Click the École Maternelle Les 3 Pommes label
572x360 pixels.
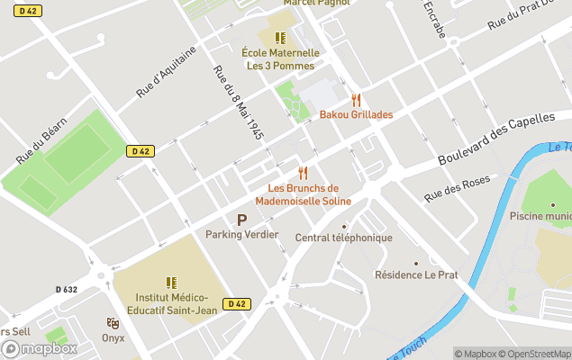click(280, 59)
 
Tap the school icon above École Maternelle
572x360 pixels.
click(280, 38)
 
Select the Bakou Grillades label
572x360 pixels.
click(356, 115)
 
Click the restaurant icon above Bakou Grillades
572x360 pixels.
click(356, 100)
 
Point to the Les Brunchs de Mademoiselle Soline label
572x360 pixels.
click(309, 194)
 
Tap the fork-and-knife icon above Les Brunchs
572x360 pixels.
click(303, 173)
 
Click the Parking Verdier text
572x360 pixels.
click(241, 235)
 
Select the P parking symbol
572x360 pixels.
click(241, 220)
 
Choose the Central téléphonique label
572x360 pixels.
click(344, 238)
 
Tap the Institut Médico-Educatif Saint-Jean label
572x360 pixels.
click(171, 303)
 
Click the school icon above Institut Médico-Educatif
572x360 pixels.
click(171, 283)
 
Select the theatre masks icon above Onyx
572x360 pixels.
click(113, 322)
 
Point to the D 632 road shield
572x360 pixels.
click(66, 290)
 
